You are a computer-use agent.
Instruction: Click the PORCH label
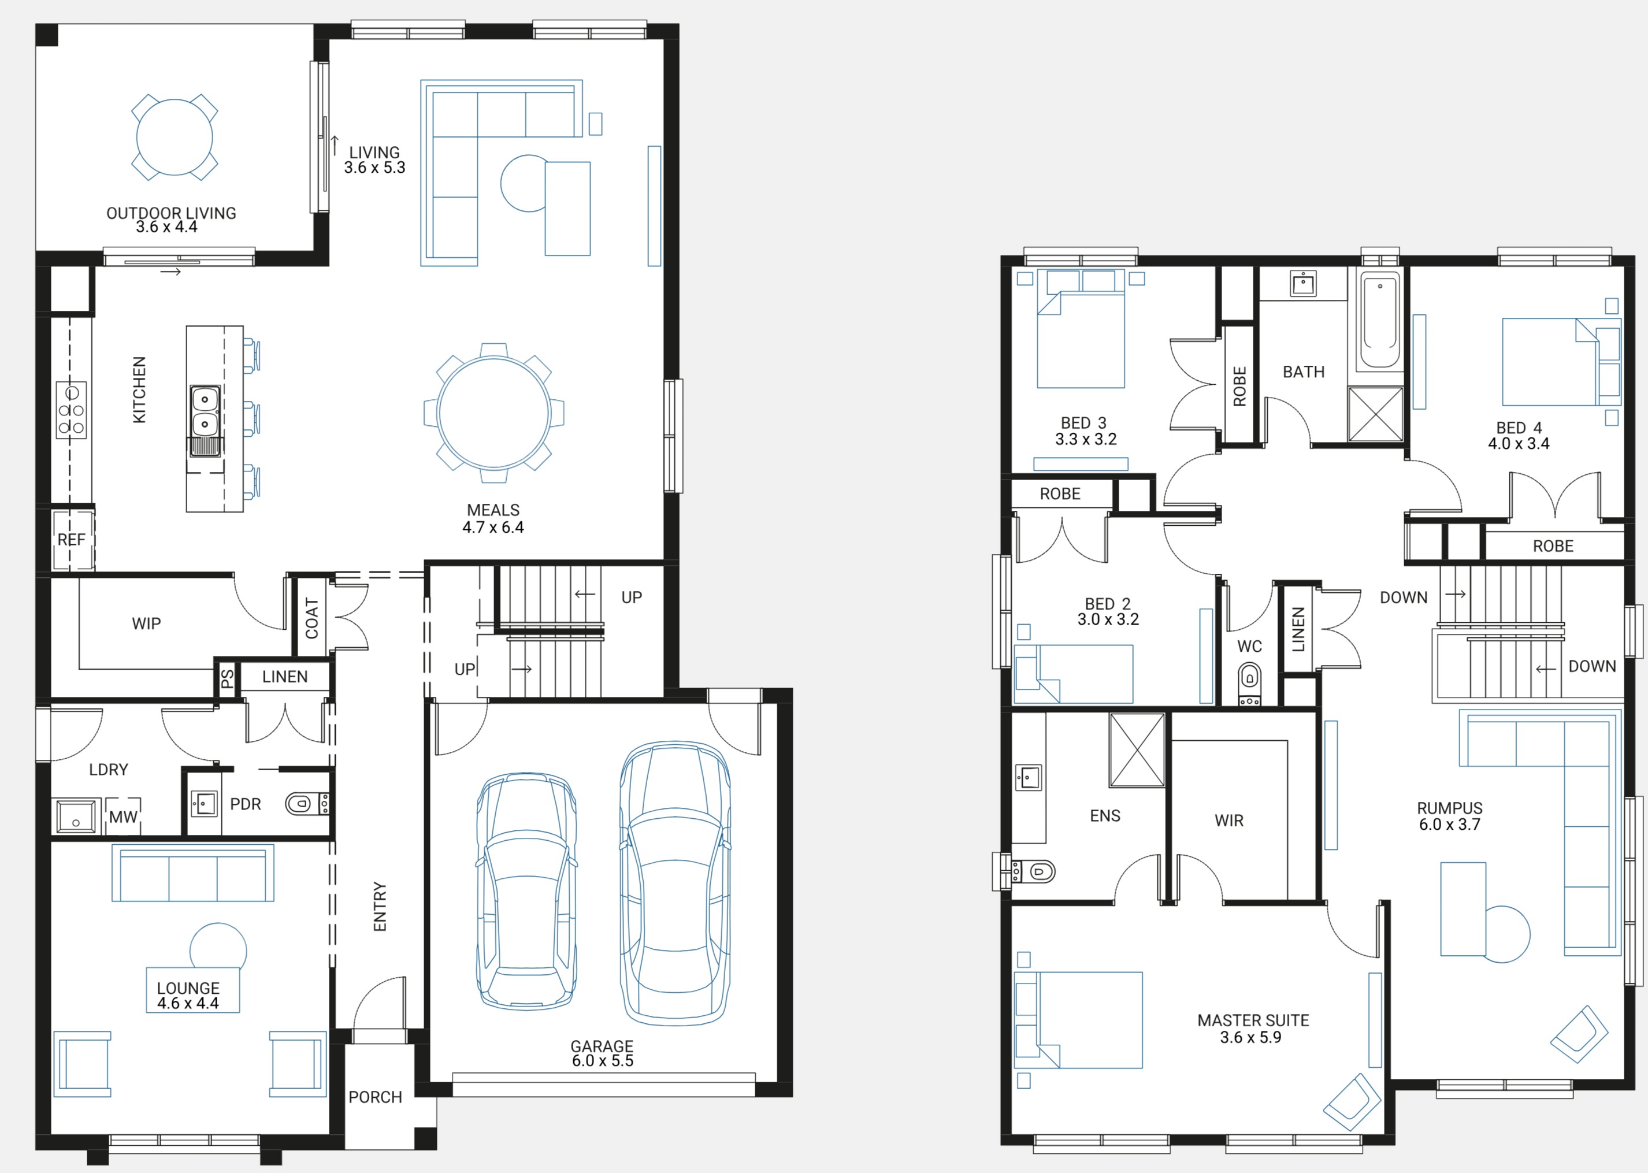click(375, 1097)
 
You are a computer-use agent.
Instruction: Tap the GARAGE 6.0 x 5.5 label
click(602, 1053)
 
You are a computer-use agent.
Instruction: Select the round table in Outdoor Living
click(175, 138)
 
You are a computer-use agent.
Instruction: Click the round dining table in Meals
click(494, 413)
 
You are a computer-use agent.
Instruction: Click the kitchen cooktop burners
click(72, 410)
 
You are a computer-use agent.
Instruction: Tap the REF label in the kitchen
click(72, 540)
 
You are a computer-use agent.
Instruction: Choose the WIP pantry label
click(147, 623)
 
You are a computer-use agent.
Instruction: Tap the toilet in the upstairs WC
click(1249, 683)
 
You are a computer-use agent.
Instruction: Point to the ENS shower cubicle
click(1137, 750)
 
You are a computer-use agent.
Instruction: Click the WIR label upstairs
click(1229, 821)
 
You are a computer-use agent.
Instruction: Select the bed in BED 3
click(1081, 329)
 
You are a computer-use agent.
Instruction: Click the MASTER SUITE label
click(1253, 1020)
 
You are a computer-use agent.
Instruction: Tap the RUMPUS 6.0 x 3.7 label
click(1449, 816)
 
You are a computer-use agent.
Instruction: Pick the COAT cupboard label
click(312, 618)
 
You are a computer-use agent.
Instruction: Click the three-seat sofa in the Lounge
click(193, 873)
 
